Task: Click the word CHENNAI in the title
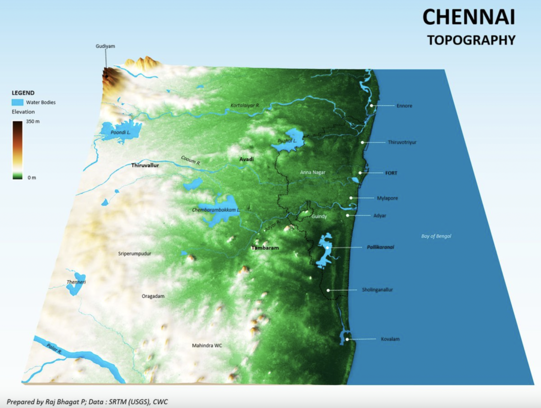pyautogui.click(x=468, y=18)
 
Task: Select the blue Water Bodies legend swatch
pyautogui.click(x=18, y=102)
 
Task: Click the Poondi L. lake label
pyautogui.click(x=120, y=132)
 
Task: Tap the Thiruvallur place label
pyautogui.click(x=145, y=166)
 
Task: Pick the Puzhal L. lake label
pyautogui.click(x=287, y=141)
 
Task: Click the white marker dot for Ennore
pyautogui.click(x=371, y=105)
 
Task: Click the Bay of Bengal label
pyautogui.click(x=436, y=236)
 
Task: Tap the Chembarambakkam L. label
pyautogui.click(x=216, y=210)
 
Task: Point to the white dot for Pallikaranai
pyautogui.click(x=328, y=247)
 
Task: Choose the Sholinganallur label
pyautogui.click(x=377, y=290)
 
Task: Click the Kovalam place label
pyautogui.click(x=390, y=339)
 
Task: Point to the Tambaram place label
pyautogui.click(x=265, y=248)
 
